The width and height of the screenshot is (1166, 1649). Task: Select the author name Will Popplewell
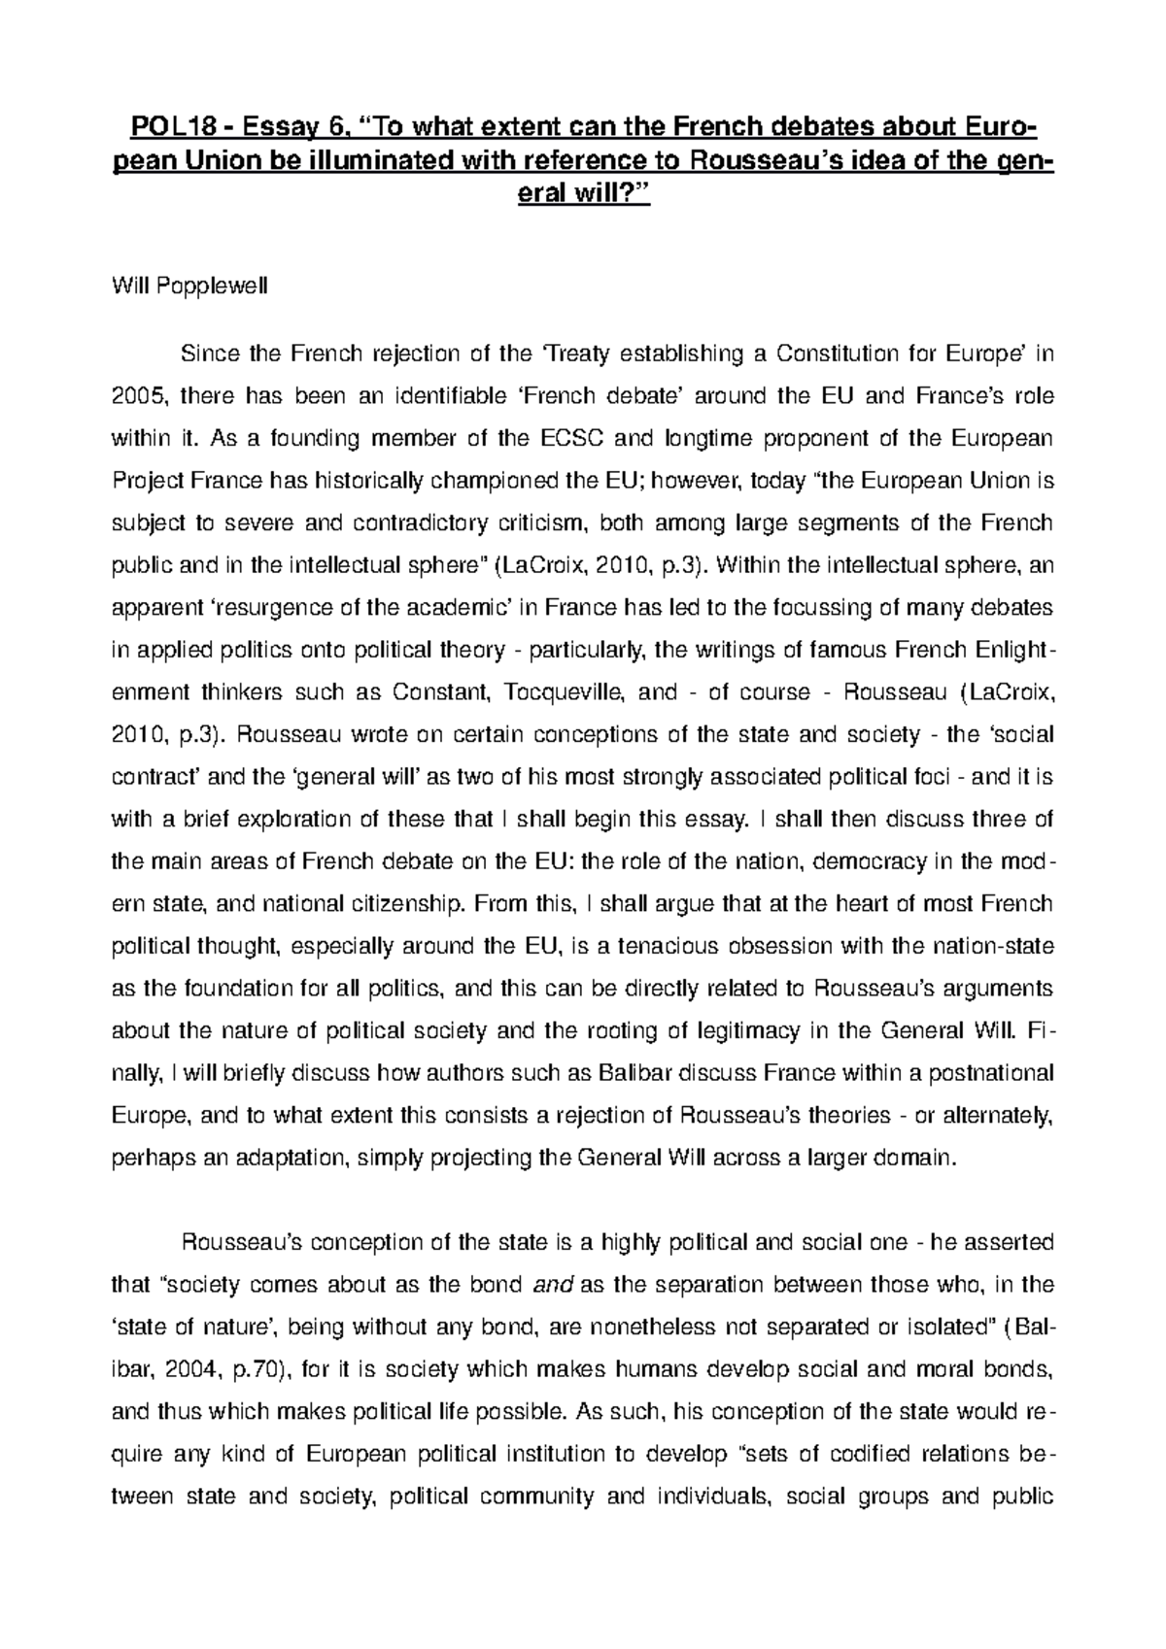point(179,286)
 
